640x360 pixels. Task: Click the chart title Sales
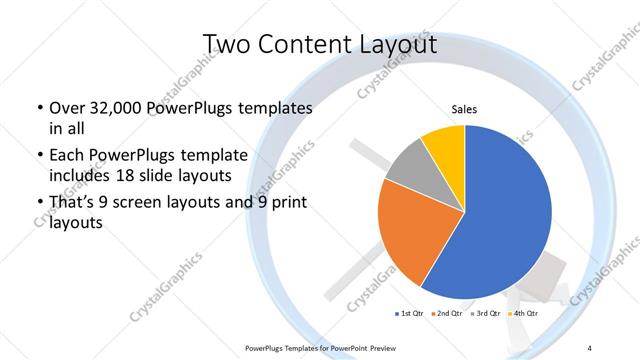coord(464,108)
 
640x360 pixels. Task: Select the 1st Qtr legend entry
coord(411,313)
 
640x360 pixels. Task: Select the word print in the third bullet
coord(286,204)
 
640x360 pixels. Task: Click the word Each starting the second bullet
coord(67,156)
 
